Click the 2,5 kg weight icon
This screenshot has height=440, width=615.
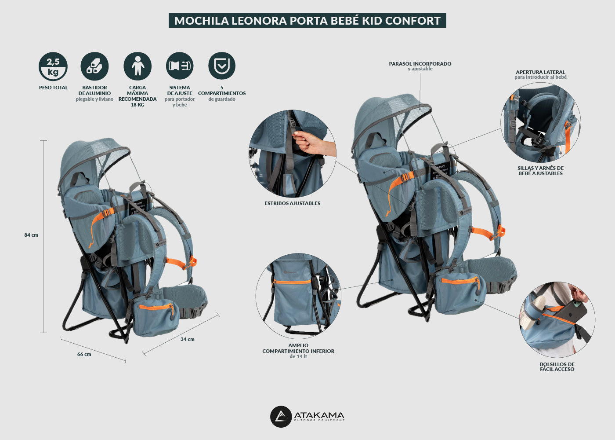point(53,66)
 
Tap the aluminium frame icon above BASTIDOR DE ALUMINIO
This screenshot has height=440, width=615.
point(94,66)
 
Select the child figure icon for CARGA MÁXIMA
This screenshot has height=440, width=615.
point(137,66)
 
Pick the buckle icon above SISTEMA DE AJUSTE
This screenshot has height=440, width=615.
point(180,66)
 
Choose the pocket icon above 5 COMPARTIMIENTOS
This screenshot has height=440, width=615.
point(222,66)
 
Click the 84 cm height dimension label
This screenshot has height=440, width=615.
point(31,235)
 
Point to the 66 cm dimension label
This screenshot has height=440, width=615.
point(84,354)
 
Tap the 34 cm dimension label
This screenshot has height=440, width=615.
point(188,339)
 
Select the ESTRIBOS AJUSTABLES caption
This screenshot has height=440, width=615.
point(293,203)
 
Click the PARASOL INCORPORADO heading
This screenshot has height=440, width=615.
point(420,63)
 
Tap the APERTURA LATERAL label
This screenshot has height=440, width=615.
point(540,72)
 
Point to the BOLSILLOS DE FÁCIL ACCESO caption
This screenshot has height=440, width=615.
point(557,367)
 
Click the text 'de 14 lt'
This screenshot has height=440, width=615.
point(298,356)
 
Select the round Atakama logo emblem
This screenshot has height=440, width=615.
point(281,417)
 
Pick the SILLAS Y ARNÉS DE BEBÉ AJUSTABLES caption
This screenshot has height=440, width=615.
point(540,171)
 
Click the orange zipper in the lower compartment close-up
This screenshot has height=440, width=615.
point(293,282)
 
